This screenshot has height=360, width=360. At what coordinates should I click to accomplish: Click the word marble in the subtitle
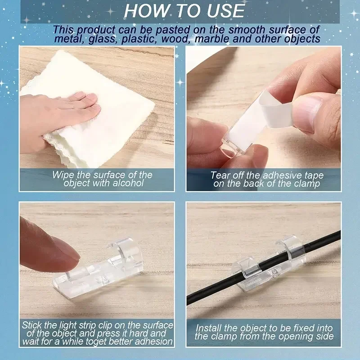point(212,39)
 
